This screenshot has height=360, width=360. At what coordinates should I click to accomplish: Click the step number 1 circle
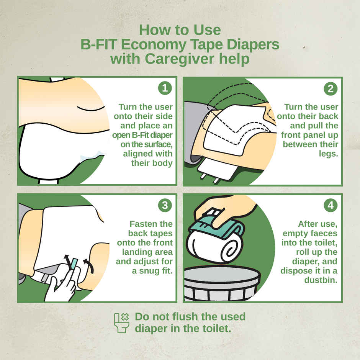click(165, 88)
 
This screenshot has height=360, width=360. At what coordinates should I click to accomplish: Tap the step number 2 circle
click(331, 88)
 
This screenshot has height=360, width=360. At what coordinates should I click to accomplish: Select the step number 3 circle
click(165, 206)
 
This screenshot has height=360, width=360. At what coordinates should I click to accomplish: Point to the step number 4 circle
click(331, 206)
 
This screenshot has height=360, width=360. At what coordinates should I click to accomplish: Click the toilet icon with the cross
click(121, 322)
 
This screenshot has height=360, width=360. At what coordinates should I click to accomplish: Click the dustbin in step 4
click(222, 283)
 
